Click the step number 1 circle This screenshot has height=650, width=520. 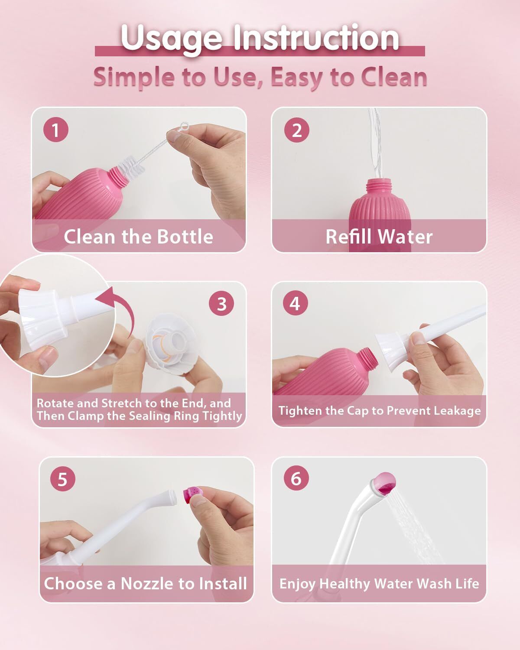click(x=55, y=129)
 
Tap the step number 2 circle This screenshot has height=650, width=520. click(x=297, y=129)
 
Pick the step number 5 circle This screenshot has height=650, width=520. click(x=63, y=479)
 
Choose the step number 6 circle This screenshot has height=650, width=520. click(x=296, y=478)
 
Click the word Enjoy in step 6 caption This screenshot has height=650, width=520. click(x=297, y=584)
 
